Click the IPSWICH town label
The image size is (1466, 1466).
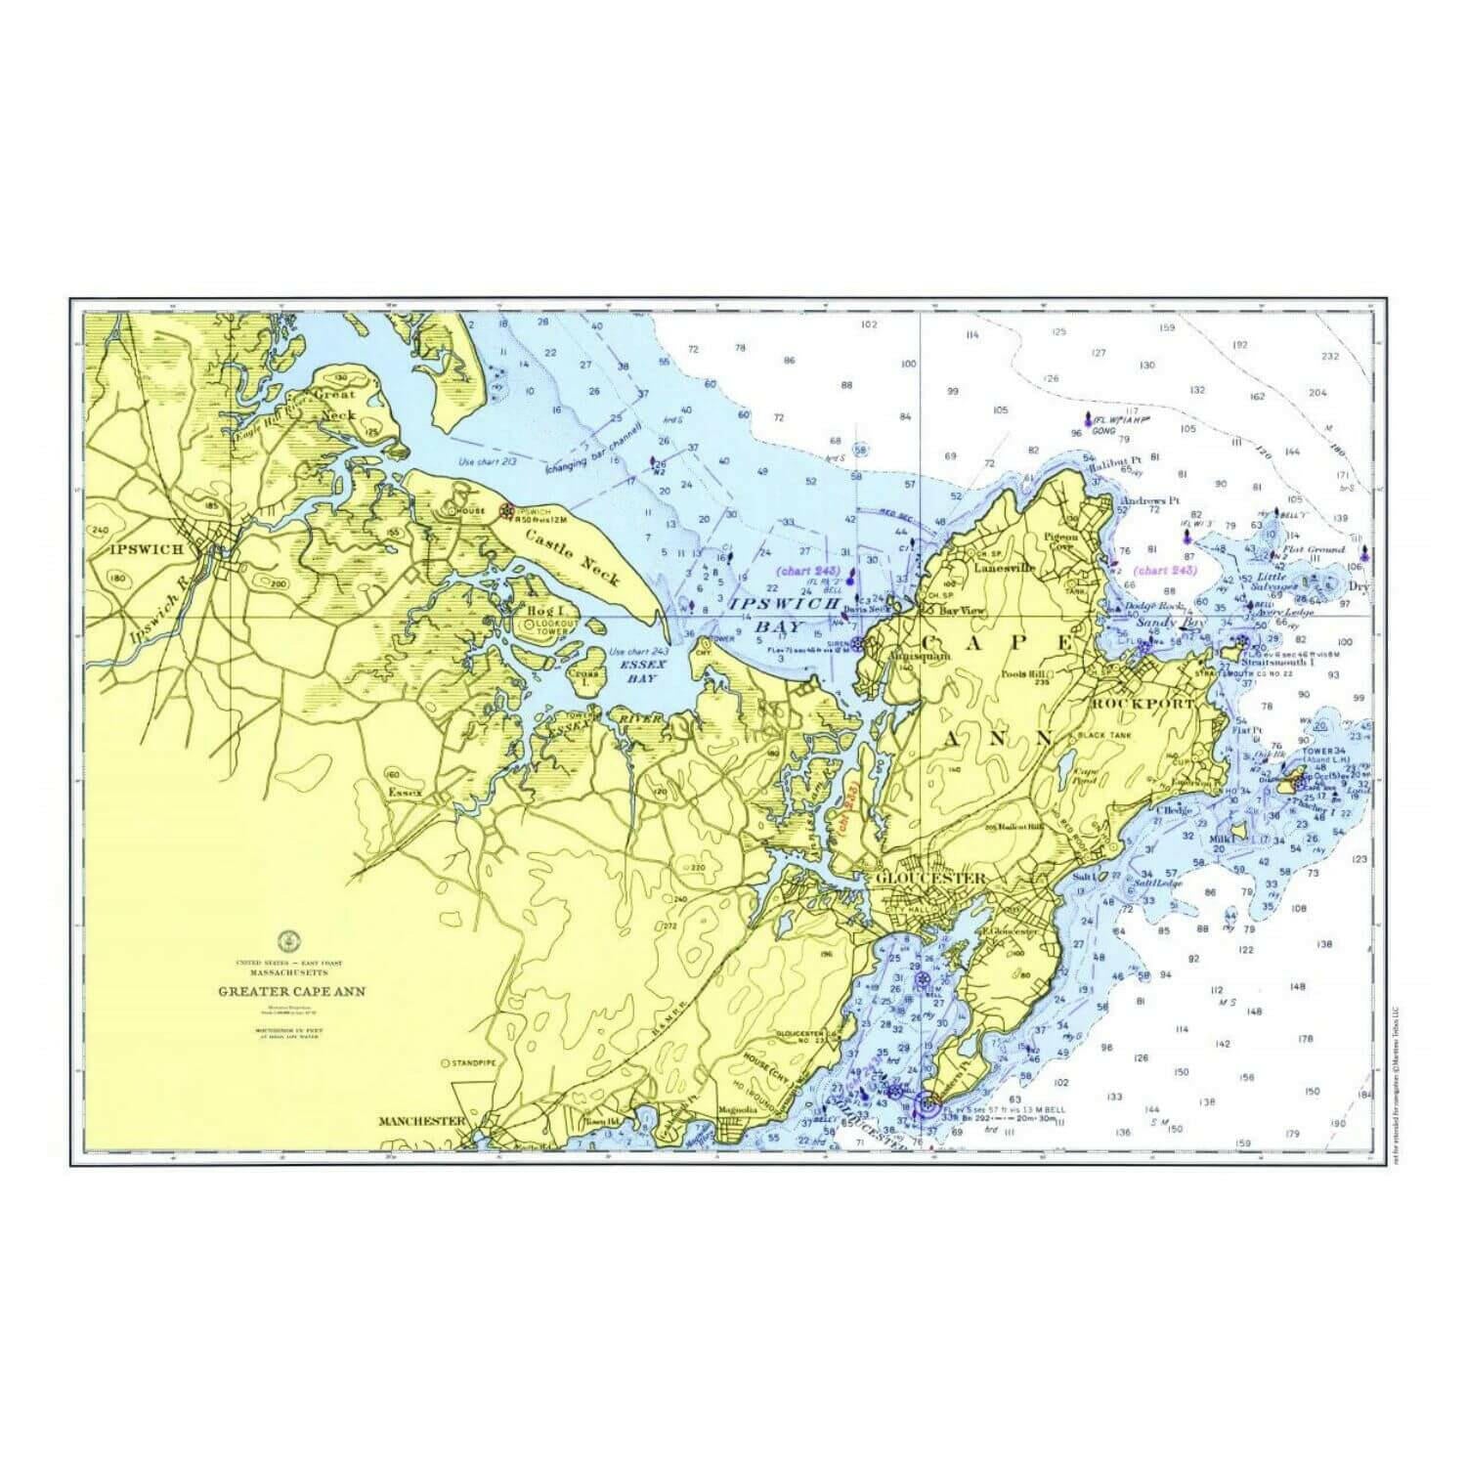[148, 549]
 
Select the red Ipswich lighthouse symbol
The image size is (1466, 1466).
[506, 510]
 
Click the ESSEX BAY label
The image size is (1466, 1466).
[642, 670]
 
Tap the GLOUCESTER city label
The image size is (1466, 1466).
[931, 878]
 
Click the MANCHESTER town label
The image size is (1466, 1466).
[421, 1121]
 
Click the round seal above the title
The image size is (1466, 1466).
[289, 941]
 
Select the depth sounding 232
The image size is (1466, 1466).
[1329, 357]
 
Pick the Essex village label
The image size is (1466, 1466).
[405, 792]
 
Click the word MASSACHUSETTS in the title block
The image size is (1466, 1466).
[288, 973]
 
